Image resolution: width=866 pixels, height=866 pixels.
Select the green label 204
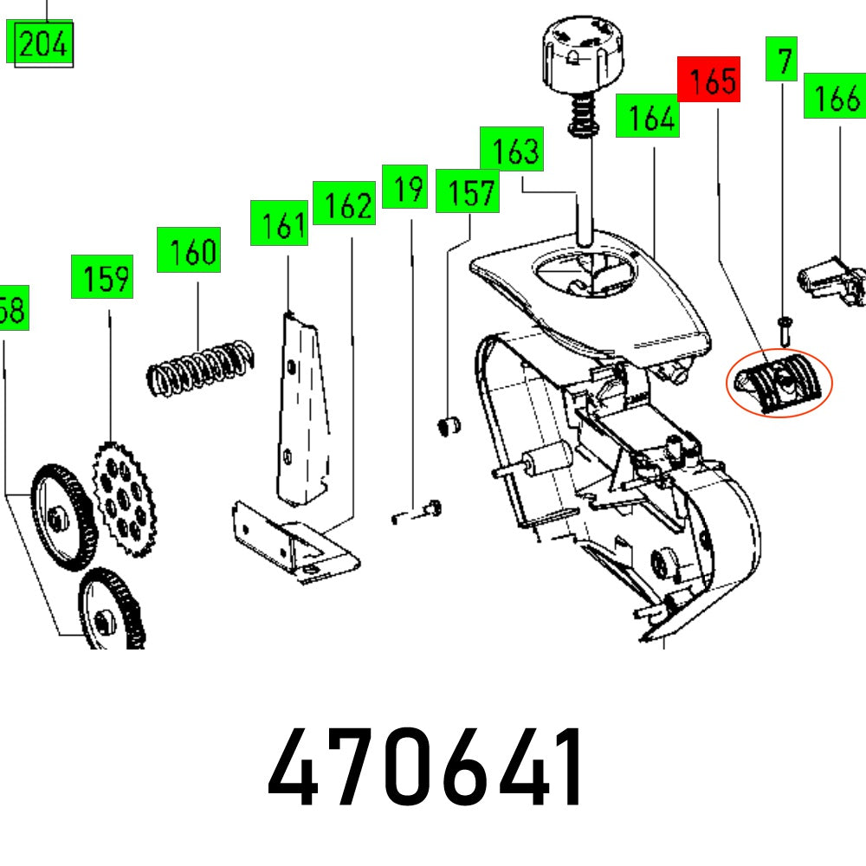pyautogui.click(x=42, y=42)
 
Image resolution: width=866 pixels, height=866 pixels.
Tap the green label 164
pyautogui.click(x=647, y=116)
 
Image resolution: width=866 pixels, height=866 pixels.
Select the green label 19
pyautogui.click(x=404, y=185)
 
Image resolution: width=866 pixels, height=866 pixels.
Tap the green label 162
pyautogui.click(x=344, y=204)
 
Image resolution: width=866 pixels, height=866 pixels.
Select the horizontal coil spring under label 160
pyautogui.click(x=199, y=363)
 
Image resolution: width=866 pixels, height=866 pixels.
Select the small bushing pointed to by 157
pyautogui.click(x=448, y=426)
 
